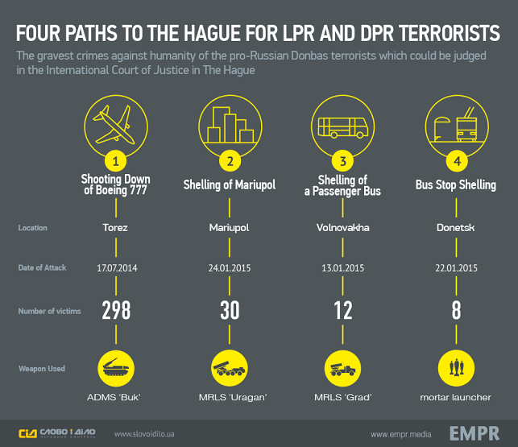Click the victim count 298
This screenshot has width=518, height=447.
coord(116,311)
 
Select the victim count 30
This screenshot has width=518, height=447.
coord(230,311)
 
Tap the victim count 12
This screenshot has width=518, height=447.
coord(343,311)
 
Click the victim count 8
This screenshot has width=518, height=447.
coord(457,311)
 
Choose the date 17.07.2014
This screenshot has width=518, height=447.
coord(116,267)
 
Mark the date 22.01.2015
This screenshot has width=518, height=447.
coord(457,267)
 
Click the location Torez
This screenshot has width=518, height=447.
coord(116,228)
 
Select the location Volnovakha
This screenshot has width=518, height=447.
coord(343,228)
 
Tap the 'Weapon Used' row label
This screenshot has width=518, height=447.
coord(42,369)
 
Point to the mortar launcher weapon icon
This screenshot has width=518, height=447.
coord(457,368)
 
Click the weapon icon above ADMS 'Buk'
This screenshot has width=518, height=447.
coord(116,368)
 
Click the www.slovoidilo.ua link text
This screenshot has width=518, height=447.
coord(146,434)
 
